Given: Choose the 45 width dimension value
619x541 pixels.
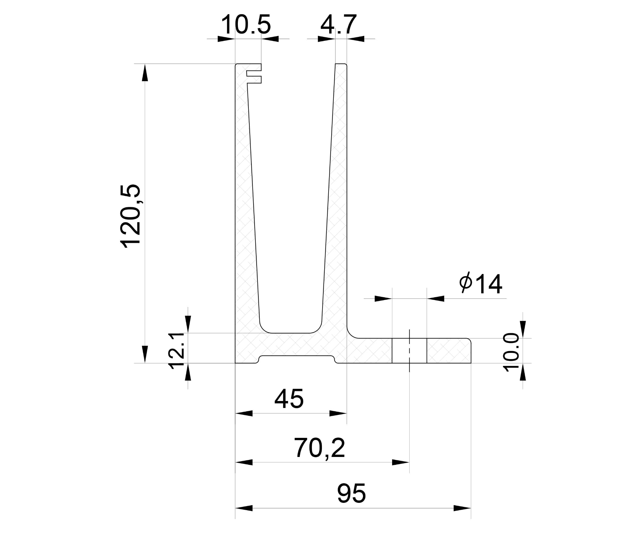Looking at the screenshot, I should click(x=289, y=399).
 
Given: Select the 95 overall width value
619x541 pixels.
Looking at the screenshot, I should click(x=351, y=493).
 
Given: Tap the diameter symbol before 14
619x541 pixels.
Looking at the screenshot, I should click(x=465, y=283).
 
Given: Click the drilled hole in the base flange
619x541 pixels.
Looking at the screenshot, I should click(x=409, y=350).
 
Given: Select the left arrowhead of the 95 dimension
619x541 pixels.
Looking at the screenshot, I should click(x=244, y=508).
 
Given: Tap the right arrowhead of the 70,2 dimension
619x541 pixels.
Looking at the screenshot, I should click(x=401, y=462).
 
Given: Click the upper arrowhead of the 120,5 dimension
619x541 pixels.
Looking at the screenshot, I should click(x=145, y=73).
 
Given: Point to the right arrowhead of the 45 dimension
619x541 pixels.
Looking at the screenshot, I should click(x=338, y=413).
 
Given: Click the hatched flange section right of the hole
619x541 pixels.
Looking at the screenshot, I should click(x=449, y=351).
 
